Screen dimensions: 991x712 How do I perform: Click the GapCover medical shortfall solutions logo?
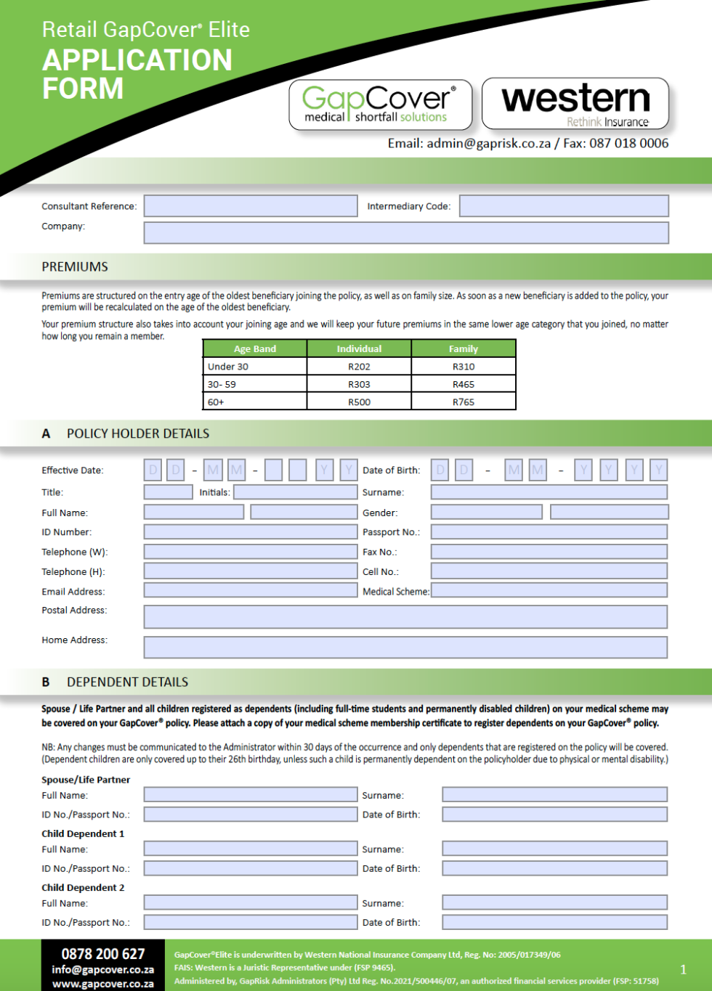click(380, 105)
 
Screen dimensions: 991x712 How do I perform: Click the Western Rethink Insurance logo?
click(575, 104)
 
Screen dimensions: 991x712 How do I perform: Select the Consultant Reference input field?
click(251, 206)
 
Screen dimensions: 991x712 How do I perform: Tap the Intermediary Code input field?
click(564, 206)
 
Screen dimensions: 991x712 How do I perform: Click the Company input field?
click(406, 232)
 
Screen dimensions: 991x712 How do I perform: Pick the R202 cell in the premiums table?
click(359, 367)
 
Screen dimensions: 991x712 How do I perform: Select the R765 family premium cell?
click(464, 401)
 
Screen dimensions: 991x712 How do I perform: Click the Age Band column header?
click(255, 348)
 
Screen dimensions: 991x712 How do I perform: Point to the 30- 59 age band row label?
click(222, 384)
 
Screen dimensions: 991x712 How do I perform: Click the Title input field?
click(168, 492)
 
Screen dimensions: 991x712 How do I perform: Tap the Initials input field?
click(295, 492)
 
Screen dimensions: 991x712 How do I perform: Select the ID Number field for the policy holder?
click(251, 532)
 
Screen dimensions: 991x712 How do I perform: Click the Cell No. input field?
click(549, 571)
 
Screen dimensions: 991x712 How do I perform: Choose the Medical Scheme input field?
click(549, 590)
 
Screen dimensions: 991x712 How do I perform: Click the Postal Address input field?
click(405, 616)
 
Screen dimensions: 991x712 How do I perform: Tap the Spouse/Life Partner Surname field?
click(554, 795)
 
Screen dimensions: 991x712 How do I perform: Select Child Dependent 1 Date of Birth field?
click(554, 868)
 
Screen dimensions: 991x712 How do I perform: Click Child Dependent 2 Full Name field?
click(251, 902)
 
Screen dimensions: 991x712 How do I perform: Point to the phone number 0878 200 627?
click(103, 954)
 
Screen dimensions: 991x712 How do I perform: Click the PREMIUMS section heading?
click(75, 266)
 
